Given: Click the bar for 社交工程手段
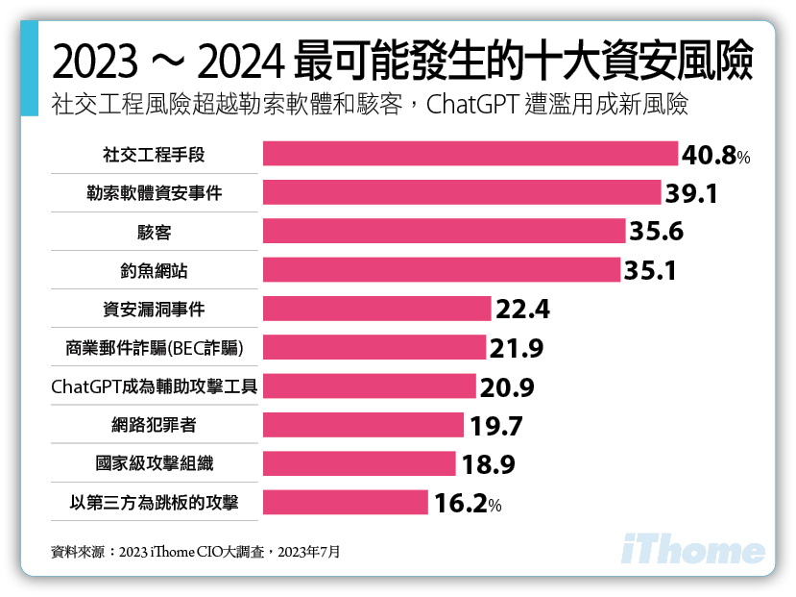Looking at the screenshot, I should (x=470, y=154).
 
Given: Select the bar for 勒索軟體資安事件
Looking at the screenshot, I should (x=461, y=192).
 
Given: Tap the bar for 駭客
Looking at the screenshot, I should (x=444, y=232).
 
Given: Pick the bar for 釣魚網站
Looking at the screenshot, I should (x=441, y=270).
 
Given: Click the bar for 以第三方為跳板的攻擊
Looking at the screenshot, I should (x=345, y=502).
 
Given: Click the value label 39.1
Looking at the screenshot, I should (x=691, y=193).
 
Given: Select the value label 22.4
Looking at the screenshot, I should (x=522, y=309).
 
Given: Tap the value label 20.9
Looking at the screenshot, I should (x=506, y=386).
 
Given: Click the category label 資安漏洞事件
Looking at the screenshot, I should (x=155, y=309).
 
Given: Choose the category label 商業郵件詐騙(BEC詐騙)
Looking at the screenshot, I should (x=155, y=347).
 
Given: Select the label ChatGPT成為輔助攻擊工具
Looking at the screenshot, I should (x=155, y=386).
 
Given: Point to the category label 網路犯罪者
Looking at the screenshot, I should (x=155, y=425).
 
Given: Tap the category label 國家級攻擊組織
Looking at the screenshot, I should (x=155, y=463).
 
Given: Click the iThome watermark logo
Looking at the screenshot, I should (x=693, y=550).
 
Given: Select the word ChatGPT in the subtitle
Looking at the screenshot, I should (x=473, y=105).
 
